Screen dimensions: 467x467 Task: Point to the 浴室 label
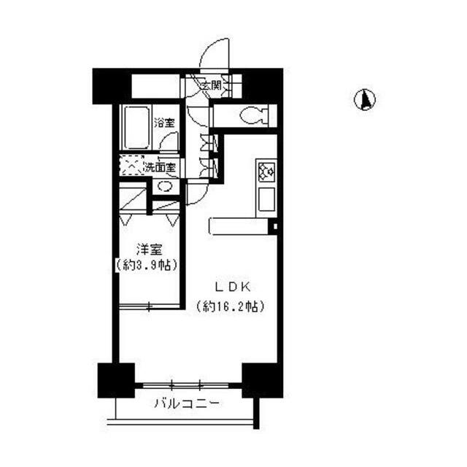coord(164,123)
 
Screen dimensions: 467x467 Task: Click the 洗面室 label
coord(159,167)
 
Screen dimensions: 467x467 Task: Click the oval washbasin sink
coord(166,187)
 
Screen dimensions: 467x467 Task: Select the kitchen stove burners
coord(264,171)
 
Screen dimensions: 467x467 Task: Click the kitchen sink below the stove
coord(264,198)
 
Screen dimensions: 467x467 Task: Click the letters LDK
coord(229,286)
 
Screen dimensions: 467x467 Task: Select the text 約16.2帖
coord(229,306)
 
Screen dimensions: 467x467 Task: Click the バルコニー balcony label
coord(186,404)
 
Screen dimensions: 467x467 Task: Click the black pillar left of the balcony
coord(116,379)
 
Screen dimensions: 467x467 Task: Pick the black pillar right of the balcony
coord(262,379)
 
